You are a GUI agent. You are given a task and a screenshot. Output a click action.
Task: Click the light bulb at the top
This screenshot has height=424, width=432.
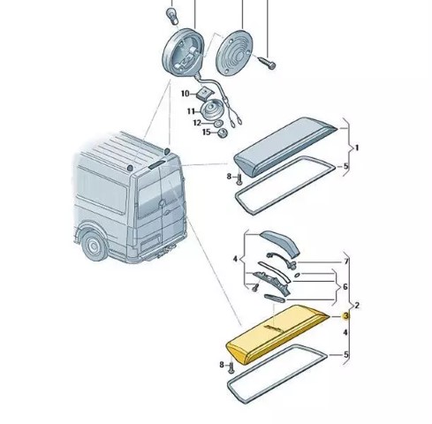tap(172, 17)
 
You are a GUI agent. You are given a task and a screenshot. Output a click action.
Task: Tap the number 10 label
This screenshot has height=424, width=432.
tap(186, 94)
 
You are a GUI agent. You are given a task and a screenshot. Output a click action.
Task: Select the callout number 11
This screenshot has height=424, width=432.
tap(191, 111)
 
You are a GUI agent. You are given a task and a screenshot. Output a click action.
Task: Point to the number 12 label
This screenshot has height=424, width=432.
tap(197, 123)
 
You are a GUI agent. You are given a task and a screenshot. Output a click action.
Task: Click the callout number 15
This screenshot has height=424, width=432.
tap(206, 132)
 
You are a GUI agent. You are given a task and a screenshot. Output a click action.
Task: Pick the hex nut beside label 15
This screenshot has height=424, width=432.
tap(223, 133)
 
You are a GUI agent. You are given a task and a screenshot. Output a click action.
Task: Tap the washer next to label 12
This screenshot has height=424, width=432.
tap(219, 123)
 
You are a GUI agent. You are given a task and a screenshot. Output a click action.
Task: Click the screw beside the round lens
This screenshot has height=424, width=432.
tap(267, 63)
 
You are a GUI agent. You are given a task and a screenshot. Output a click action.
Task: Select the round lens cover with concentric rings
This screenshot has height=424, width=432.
tap(234, 52)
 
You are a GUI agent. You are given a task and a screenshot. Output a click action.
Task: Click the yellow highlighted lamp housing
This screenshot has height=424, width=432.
tap(277, 333)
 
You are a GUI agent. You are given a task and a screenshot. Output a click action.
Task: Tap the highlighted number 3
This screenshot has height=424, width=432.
tap(345, 316)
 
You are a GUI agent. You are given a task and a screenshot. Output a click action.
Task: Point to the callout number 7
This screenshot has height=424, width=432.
tap(346, 261)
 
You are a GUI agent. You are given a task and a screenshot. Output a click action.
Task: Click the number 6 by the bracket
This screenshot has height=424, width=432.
tap(345, 286)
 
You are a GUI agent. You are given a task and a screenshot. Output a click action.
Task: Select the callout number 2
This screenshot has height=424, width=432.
tap(357, 306)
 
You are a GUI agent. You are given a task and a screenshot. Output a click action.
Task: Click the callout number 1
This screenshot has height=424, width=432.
tap(357, 148)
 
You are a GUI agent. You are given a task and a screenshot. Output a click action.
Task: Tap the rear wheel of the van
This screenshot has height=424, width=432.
tap(94, 246)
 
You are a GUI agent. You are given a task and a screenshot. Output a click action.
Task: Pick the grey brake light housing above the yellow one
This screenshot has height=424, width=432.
tap(285, 147)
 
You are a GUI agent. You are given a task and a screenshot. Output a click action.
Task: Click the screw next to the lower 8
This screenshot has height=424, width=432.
tap(231, 367)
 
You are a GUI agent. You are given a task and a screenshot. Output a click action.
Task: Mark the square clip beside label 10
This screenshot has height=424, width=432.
tap(202, 94)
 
